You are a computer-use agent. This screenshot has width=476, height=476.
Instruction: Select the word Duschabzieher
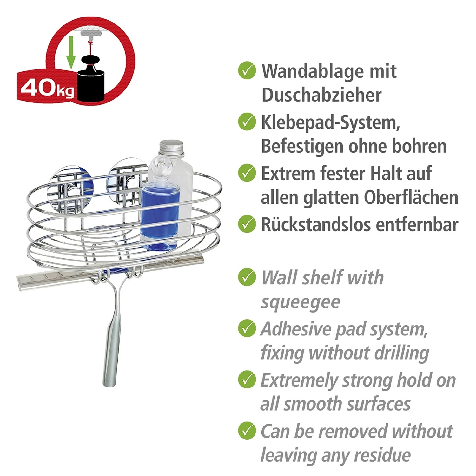321,95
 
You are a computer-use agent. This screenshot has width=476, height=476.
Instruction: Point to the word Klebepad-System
330,122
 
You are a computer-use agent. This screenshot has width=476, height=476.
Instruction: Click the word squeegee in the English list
300,302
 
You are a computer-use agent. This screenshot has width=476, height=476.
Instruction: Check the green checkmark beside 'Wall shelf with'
247,277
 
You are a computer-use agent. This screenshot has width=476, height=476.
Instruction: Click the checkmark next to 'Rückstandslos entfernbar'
247,224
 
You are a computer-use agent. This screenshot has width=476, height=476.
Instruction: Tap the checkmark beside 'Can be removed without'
247,431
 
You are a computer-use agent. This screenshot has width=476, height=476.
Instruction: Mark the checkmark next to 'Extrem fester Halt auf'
247,173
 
